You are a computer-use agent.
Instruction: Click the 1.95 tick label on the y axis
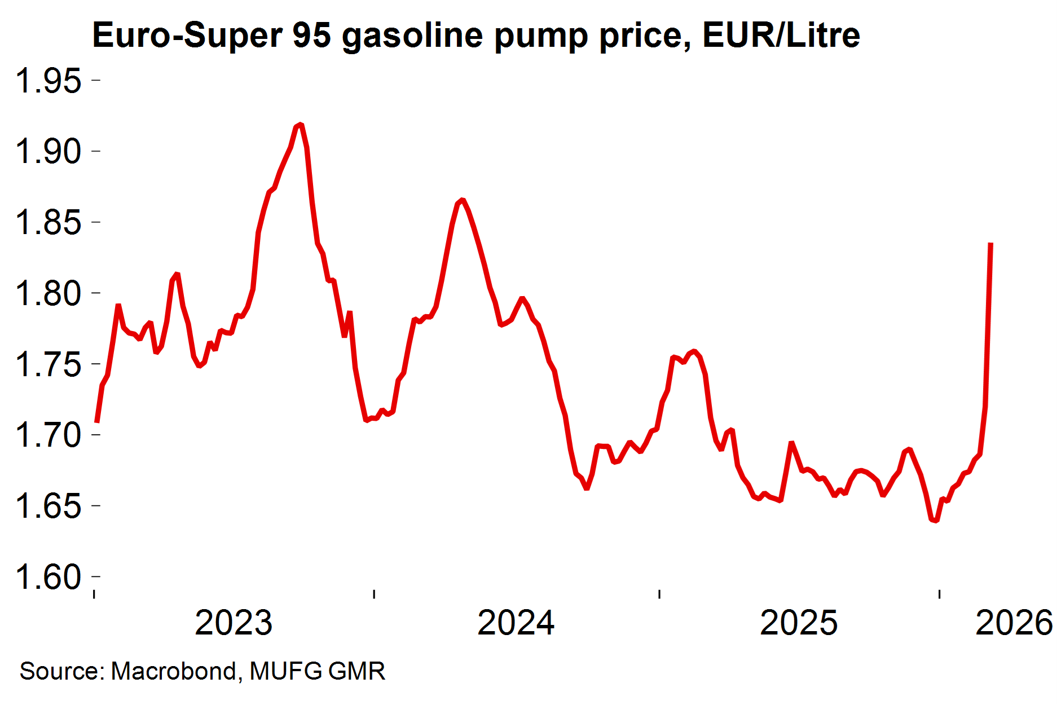(49, 81)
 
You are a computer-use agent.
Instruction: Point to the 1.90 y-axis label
(49, 152)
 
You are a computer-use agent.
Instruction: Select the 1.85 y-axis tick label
(49, 222)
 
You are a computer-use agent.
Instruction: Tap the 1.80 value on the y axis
(49, 293)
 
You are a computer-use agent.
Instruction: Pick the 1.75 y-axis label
(49, 364)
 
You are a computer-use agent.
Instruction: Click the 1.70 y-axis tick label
(49, 435)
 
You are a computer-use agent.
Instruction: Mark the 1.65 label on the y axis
(49, 506)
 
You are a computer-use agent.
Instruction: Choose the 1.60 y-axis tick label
(49, 577)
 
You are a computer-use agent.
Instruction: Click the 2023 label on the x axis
(234, 623)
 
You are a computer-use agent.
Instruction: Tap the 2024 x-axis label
(516, 623)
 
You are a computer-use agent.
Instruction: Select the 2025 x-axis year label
(799, 623)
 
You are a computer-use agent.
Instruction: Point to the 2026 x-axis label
(1014, 623)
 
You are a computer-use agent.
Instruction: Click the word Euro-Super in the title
(187, 36)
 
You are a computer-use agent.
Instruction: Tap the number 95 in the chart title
(311, 36)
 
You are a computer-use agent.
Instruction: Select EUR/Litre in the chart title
(781, 36)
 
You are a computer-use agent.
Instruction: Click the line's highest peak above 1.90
(301, 124)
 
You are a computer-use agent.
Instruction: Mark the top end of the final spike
(991, 244)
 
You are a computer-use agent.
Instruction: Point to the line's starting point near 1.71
(97, 421)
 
